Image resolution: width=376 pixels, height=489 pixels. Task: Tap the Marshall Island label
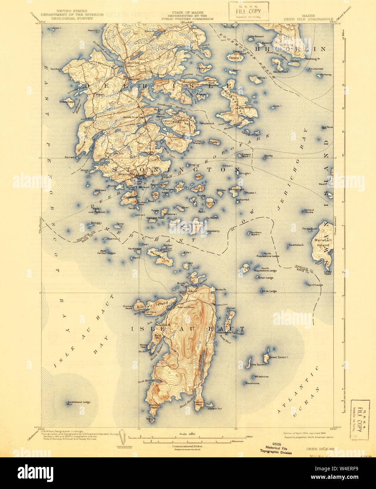tap(322, 243)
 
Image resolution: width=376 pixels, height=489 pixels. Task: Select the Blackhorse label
tap(252, 383)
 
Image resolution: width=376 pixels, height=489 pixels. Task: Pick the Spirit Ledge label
tap(315, 285)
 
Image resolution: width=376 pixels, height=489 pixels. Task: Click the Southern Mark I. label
tap(255, 234)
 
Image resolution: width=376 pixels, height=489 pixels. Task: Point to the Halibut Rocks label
tap(308, 211)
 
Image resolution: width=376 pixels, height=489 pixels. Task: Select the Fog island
tap(246, 268)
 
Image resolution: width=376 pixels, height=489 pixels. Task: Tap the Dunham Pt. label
tap(56, 70)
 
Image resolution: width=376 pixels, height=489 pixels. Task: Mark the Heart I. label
tap(92, 31)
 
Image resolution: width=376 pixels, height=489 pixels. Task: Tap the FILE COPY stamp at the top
tap(248, 11)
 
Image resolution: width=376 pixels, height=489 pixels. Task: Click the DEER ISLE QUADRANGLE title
tap(309, 19)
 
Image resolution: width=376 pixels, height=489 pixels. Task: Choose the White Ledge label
tap(269, 291)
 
